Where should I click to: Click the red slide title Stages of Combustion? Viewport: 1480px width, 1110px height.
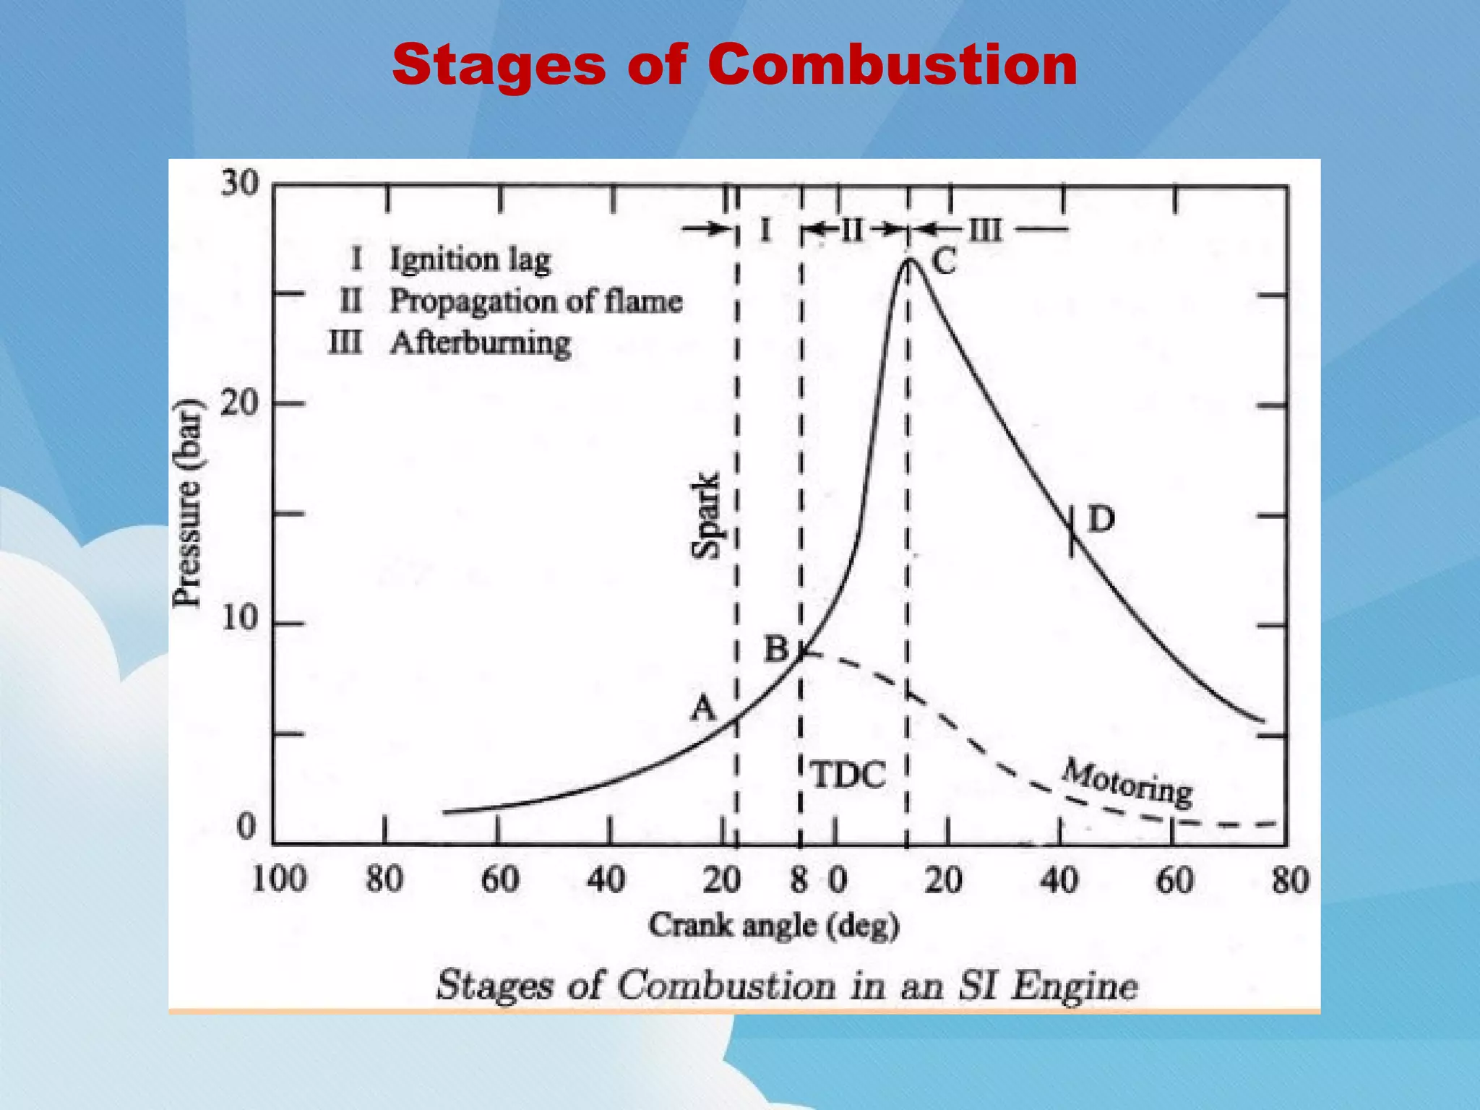(734, 65)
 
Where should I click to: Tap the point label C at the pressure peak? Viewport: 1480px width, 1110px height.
(944, 262)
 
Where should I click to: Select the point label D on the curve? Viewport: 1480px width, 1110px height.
(1101, 520)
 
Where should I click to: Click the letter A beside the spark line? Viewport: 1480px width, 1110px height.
(702, 708)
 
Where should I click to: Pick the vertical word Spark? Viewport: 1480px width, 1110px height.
(706, 515)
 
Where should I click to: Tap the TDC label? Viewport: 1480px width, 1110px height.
(848, 775)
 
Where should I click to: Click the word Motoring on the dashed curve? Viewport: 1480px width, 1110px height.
(1127, 783)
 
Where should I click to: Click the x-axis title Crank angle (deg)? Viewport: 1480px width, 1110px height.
(773, 926)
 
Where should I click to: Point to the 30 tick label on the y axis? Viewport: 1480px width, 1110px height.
(240, 184)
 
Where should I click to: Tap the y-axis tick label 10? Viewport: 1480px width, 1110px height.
(240, 619)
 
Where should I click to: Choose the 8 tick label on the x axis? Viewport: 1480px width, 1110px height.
(799, 880)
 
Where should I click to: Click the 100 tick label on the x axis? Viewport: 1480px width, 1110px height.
(279, 879)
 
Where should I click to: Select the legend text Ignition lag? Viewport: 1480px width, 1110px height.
(470, 260)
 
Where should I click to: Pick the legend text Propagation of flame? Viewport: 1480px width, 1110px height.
(536, 301)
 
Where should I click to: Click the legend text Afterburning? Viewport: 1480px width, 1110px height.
(481, 343)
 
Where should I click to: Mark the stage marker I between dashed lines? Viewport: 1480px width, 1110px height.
(765, 231)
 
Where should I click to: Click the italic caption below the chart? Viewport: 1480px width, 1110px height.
(787, 985)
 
